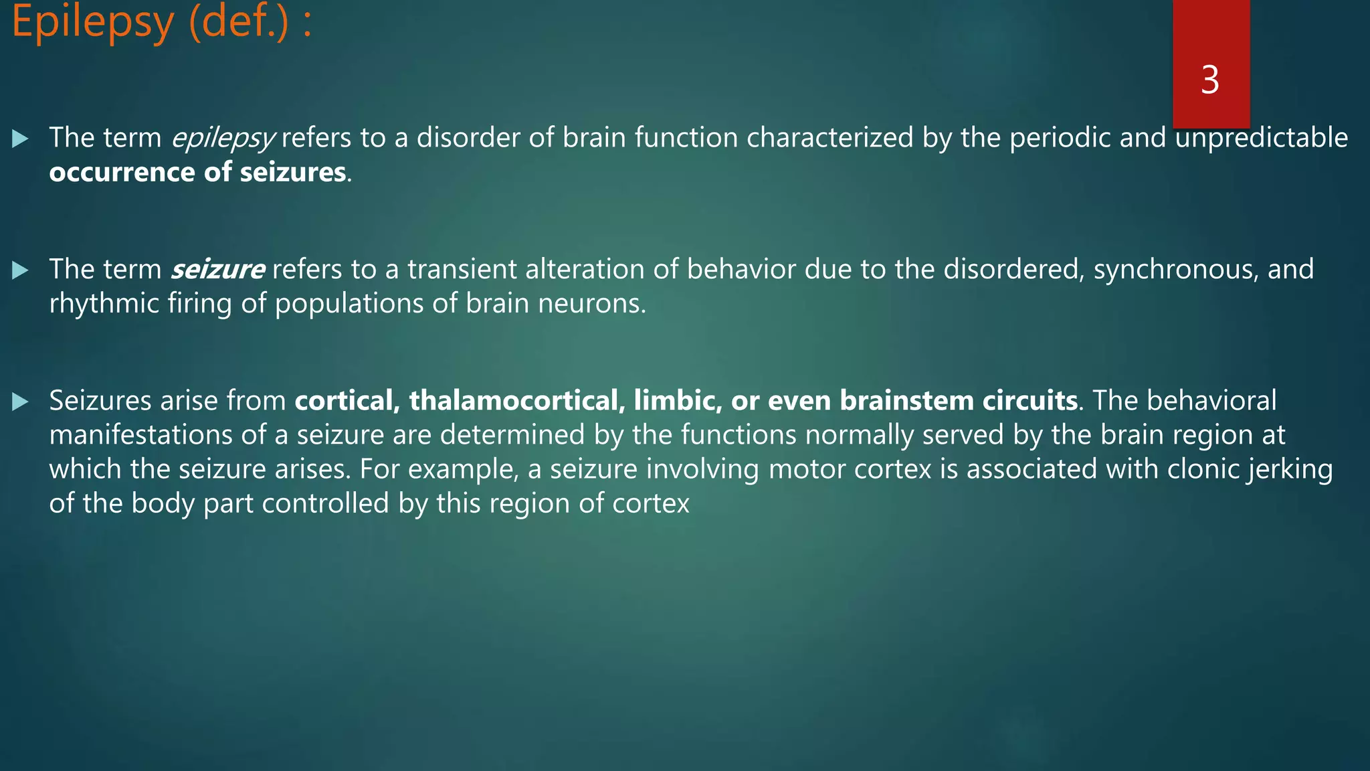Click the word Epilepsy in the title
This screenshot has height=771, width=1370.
(92, 23)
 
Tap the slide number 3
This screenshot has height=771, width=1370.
(1210, 80)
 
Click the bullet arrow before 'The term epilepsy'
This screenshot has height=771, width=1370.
(20, 139)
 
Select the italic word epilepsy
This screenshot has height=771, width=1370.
(222, 139)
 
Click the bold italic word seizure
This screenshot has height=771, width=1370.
(217, 270)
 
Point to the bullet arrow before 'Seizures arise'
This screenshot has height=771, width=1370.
(20, 402)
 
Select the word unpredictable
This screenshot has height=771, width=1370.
(1262, 138)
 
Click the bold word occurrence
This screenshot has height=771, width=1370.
(122, 173)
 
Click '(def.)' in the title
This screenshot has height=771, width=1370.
(239, 23)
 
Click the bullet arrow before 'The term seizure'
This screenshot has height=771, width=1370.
(20, 270)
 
